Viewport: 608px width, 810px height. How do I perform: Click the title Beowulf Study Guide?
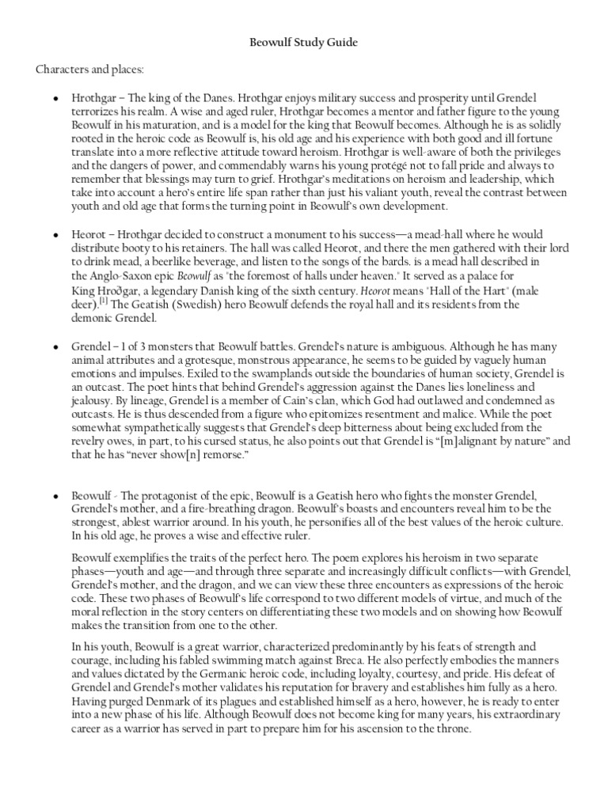303,43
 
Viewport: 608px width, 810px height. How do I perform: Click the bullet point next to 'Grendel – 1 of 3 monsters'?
55,347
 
